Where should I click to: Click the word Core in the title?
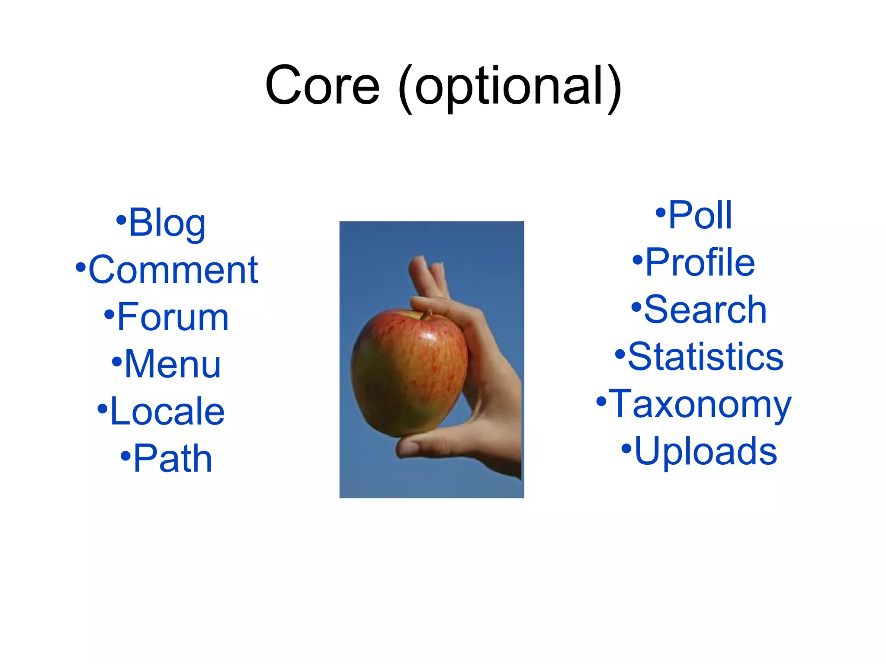[x=322, y=86]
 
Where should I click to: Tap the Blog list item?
[x=167, y=223]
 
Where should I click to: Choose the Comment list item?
[x=173, y=270]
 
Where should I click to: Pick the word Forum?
[x=173, y=317]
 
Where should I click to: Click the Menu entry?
[x=173, y=364]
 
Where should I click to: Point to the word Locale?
[x=167, y=411]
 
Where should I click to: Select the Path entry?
[x=173, y=458]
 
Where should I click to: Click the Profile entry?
[x=700, y=262]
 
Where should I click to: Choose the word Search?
[x=705, y=310]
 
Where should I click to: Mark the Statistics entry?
[x=705, y=357]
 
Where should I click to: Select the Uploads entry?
[x=705, y=451]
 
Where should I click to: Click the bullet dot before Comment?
[x=80, y=267]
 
